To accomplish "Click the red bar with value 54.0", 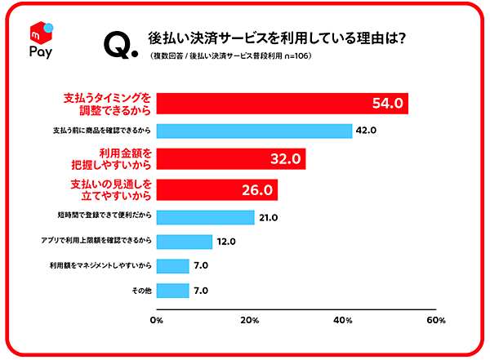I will click(282, 104).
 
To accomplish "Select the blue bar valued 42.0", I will click(254, 131).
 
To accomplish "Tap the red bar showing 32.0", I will click(231, 158).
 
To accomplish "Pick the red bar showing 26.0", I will click(217, 189).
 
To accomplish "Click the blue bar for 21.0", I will click(205, 217).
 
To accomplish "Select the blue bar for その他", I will click(172, 291).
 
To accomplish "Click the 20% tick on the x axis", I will click(250, 321).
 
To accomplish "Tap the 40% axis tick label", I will click(343, 321).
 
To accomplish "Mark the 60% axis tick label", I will click(436, 321).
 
